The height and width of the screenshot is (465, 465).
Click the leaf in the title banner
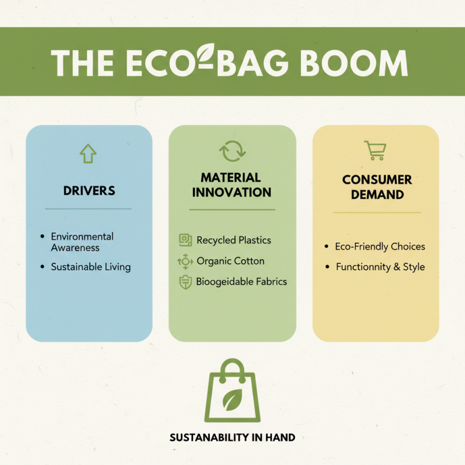[x=206, y=53]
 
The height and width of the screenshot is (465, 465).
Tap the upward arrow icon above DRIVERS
[x=88, y=153]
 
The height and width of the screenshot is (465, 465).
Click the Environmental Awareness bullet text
[x=82, y=242]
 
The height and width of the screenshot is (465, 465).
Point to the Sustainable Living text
[x=91, y=267]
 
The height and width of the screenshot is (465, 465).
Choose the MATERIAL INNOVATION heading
[x=232, y=185]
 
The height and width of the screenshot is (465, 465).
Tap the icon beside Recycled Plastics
[x=185, y=240]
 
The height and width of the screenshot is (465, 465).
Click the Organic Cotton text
[x=230, y=261]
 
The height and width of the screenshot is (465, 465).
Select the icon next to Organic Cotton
[x=185, y=262]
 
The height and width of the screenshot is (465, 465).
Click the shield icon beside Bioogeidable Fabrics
[x=185, y=282]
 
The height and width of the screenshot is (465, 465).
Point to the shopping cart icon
[x=375, y=151]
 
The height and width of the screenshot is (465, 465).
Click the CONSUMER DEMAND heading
[x=377, y=187]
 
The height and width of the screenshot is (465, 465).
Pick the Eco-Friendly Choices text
[x=380, y=246]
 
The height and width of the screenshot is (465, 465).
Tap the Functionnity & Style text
[x=380, y=267]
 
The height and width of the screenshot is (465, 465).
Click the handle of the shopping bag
[x=233, y=366]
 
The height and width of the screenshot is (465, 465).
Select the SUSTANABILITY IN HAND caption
[x=233, y=437]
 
